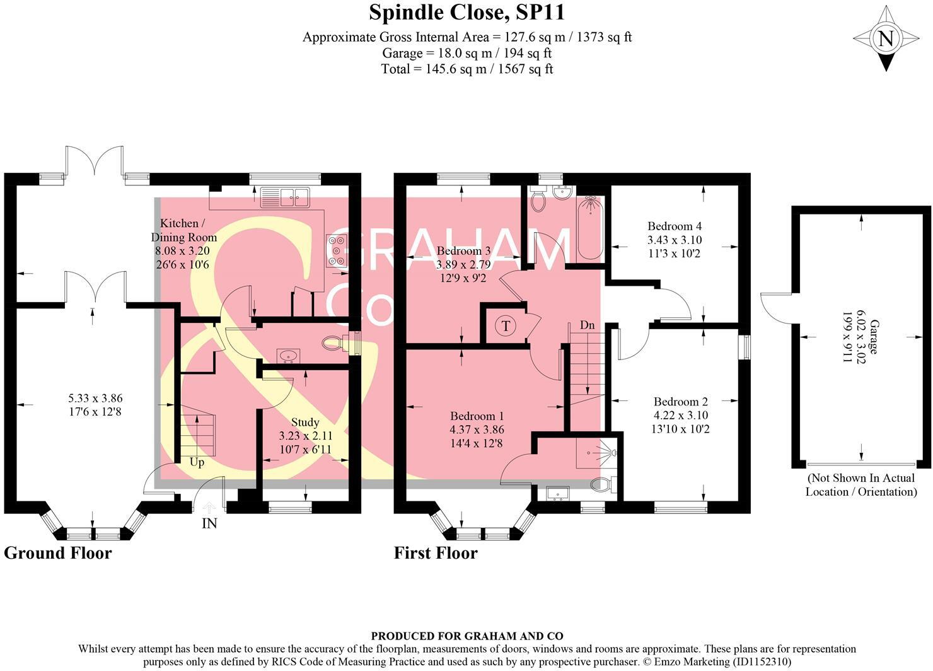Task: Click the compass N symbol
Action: (886, 39)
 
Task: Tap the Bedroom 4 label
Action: (675, 226)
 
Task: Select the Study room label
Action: (305, 422)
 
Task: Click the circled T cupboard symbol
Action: (505, 326)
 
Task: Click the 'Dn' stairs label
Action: (587, 325)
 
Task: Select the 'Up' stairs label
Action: (197, 462)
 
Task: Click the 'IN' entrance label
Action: (209, 523)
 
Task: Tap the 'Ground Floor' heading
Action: (58, 553)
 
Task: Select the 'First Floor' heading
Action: (436, 553)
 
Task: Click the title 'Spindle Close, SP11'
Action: (466, 12)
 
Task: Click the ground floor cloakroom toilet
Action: (335, 344)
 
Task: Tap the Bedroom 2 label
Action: (680, 402)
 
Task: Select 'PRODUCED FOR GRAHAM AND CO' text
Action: (466, 636)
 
